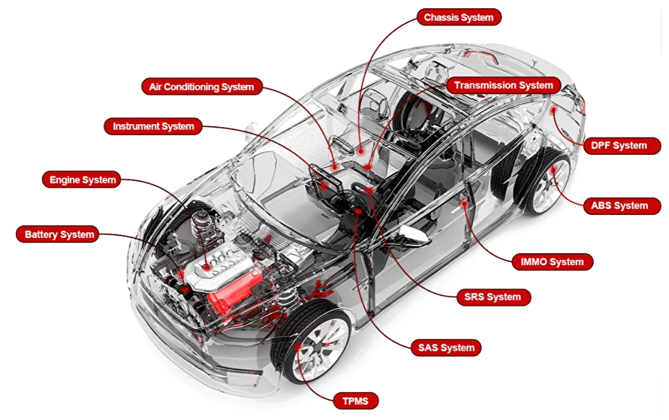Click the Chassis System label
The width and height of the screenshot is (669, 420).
(460, 17)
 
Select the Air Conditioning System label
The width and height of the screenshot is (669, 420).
(201, 86)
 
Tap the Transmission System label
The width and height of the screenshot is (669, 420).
(504, 85)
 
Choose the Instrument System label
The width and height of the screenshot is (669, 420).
(153, 126)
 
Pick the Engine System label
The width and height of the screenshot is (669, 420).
(83, 180)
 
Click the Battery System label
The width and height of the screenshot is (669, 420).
(59, 234)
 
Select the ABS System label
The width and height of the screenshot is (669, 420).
(619, 205)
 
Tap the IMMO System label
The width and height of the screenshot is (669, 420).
(552, 262)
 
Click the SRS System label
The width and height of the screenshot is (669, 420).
(493, 297)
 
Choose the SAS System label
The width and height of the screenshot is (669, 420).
(447, 347)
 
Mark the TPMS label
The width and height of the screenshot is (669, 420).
(355, 401)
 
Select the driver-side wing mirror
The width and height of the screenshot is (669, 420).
(409, 233)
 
